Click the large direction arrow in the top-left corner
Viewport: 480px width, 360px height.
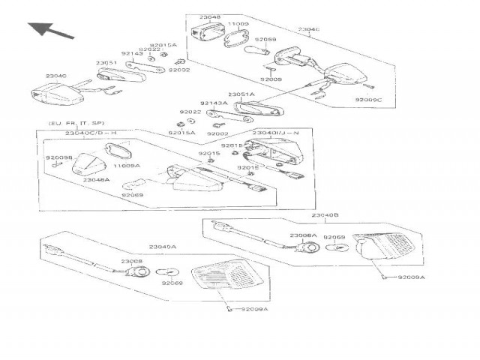[51, 31]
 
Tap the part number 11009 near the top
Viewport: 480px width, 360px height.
[238, 25]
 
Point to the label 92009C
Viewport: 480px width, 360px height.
[368, 98]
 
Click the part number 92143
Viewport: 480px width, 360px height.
[131, 53]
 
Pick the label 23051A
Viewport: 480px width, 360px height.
[241, 94]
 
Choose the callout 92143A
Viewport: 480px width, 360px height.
[213, 103]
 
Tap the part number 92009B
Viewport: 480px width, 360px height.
[58, 157]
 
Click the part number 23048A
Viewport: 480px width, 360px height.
[96, 180]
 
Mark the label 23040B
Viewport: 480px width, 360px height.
[325, 214]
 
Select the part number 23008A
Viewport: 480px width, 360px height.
[304, 235]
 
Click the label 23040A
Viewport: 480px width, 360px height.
[163, 247]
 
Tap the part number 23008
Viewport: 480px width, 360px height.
[131, 261]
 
